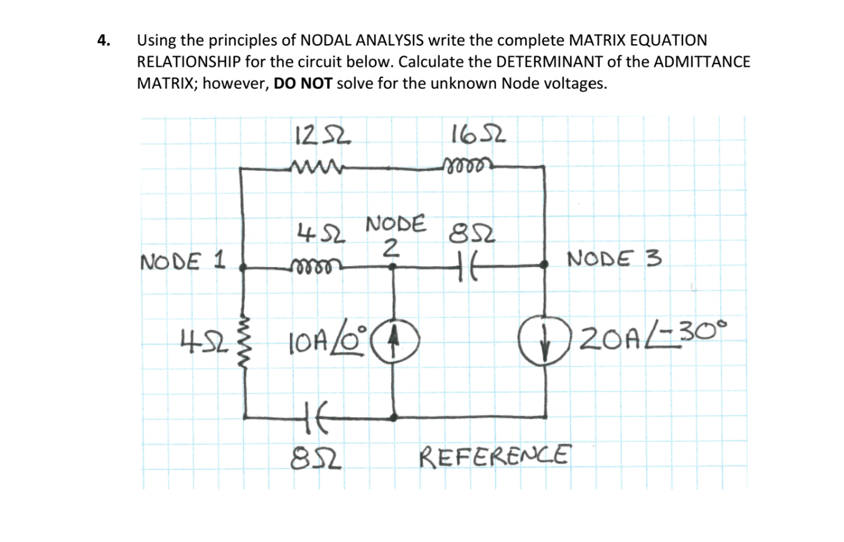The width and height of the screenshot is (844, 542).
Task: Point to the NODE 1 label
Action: pos(183,258)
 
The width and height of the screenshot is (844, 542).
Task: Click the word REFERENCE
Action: pos(496,454)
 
